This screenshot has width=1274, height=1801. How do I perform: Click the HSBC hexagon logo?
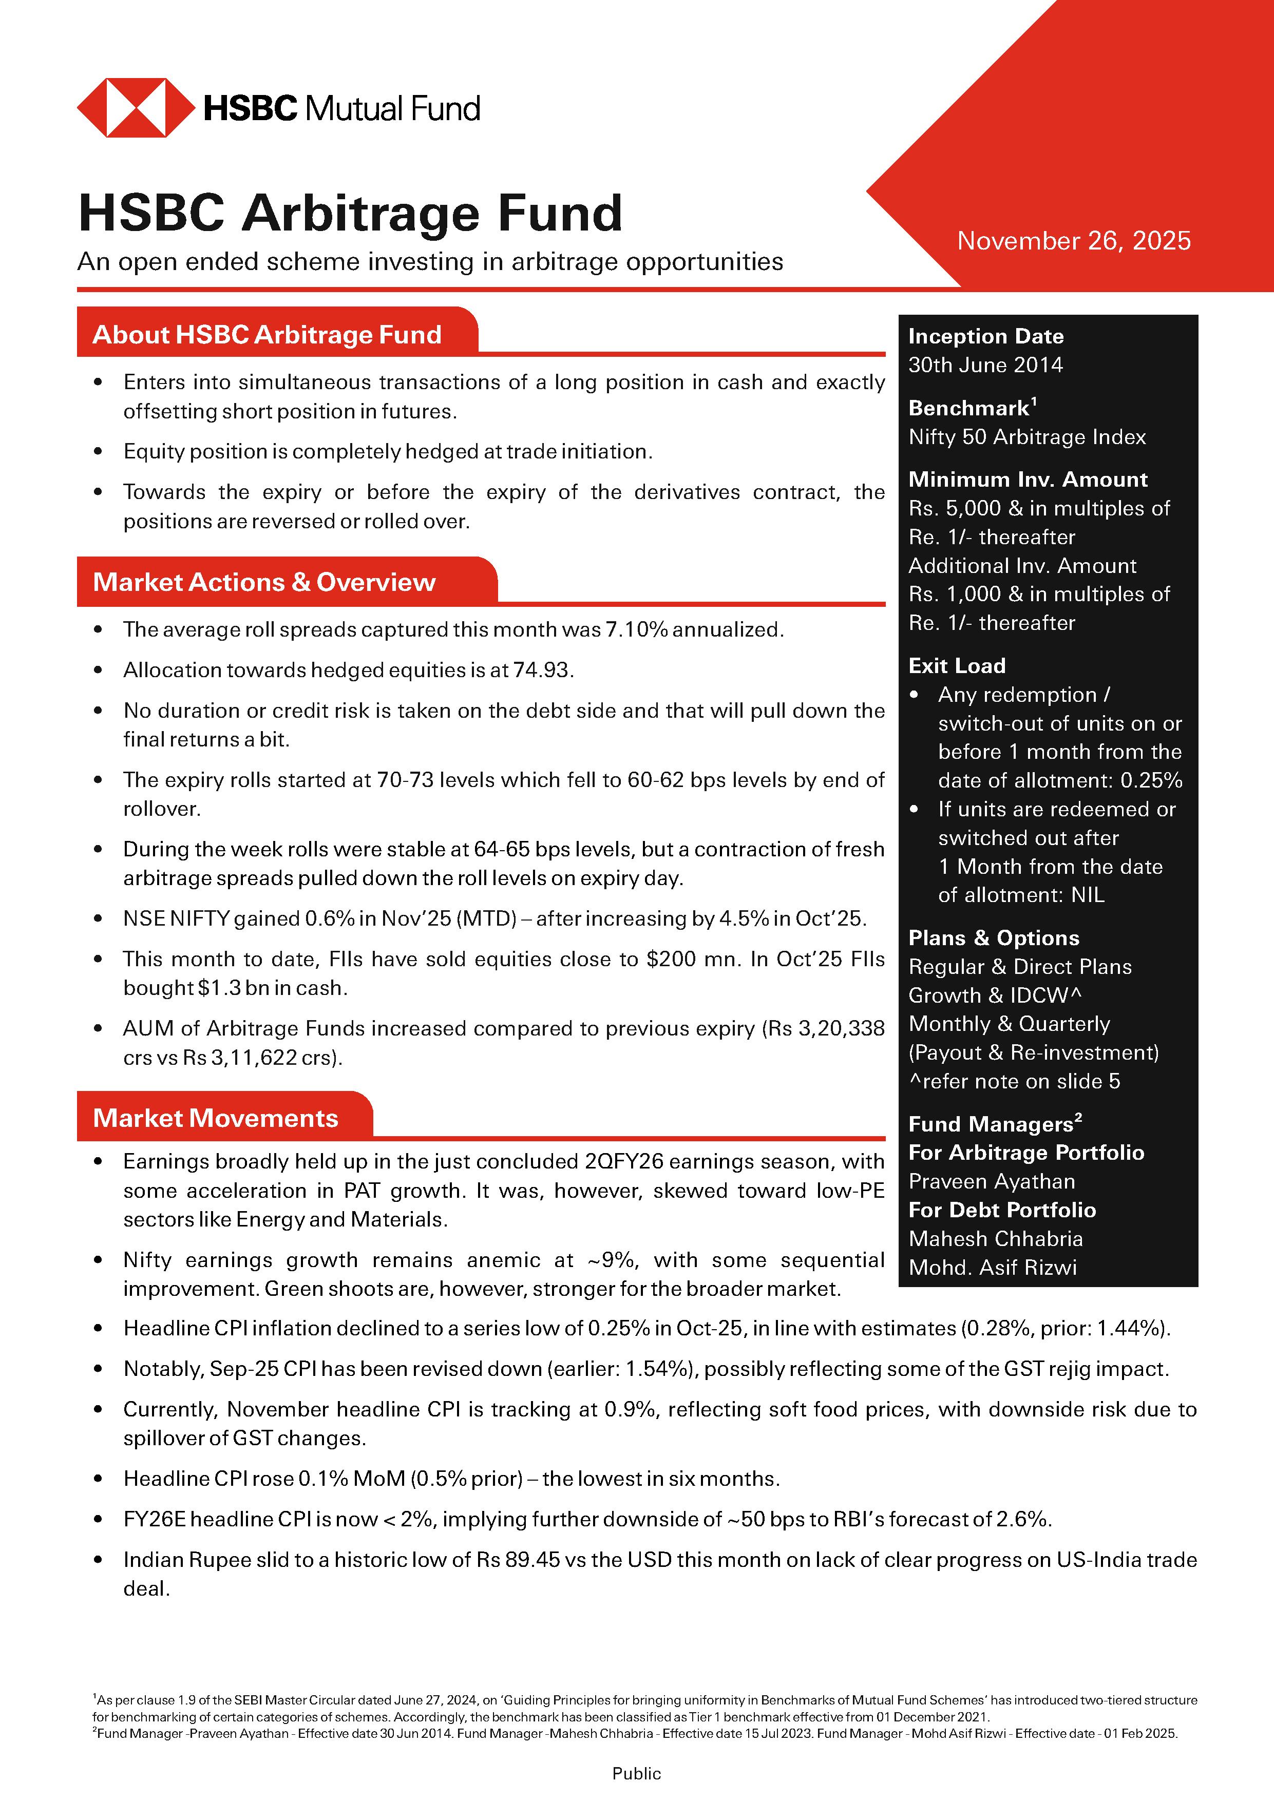pyautogui.click(x=135, y=107)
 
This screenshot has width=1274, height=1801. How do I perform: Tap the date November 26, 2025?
pyautogui.click(x=1073, y=241)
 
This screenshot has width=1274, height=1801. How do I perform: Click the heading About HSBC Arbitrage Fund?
pyautogui.click(x=267, y=335)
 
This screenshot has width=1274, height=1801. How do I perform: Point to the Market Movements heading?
pyautogui.click(x=215, y=1118)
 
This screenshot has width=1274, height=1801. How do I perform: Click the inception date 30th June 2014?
pyautogui.click(x=985, y=365)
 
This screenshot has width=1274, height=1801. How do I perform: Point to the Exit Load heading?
pyautogui.click(x=956, y=666)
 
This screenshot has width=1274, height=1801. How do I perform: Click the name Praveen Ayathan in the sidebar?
pyautogui.click(x=992, y=1181)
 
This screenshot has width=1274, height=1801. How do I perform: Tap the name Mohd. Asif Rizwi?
pyautogui.click(x=993, y=1267)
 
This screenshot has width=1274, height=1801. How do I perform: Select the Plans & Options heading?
pyautogui.click(x=993, y=938)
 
